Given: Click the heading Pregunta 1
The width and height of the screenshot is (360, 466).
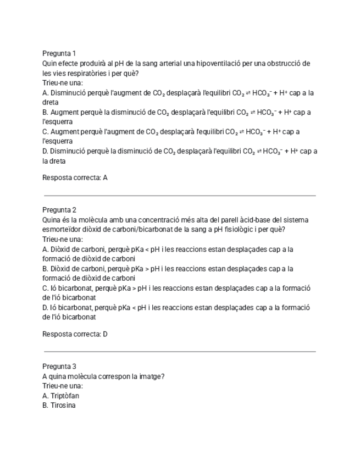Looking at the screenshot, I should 59,53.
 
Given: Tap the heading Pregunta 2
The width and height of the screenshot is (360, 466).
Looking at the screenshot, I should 59,210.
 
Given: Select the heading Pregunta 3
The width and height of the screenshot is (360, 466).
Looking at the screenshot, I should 59,367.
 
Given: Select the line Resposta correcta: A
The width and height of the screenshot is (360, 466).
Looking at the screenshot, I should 75,177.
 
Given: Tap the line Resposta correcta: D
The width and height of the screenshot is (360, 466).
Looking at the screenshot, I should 75,334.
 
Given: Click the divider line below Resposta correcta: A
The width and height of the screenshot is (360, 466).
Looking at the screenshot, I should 179,195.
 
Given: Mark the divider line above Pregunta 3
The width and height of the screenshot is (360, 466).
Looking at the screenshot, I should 179,352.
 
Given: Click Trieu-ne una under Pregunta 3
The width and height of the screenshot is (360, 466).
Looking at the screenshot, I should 63,386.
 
